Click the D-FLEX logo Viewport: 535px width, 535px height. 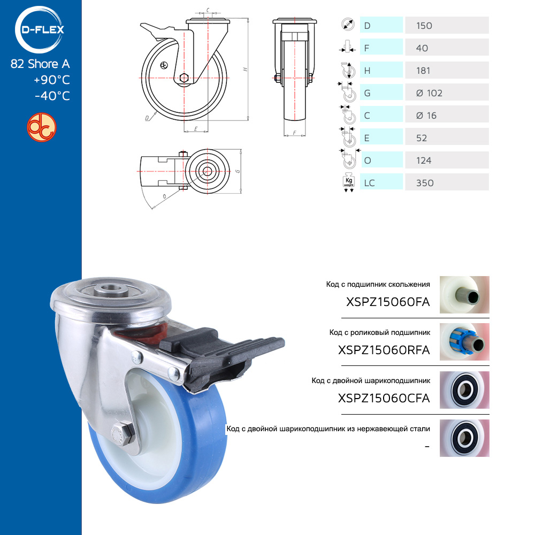tap(40, 29)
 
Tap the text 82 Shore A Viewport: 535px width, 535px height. tap(40, 64)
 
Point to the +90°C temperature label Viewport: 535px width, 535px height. tap(52, 80)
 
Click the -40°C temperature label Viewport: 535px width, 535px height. tap(52, 96)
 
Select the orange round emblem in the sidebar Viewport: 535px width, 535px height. tap(42, 127)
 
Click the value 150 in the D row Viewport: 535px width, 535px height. tap(424, 26)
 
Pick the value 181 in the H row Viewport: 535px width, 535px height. tap(423, 71)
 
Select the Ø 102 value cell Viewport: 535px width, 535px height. tap(447, 93)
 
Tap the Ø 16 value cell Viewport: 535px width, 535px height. tap(447, 116)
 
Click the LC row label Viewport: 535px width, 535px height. tap(369, 183)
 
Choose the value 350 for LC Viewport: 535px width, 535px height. tap(425, 183)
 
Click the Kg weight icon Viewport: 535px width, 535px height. tap(349, 183)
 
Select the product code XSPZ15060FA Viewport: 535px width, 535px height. tap(388, 302)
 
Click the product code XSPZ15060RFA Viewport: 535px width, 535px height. tap(384, 350)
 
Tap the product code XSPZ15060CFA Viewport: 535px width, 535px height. tap(384, 398)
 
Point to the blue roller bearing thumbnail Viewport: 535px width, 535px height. tap(464, 342)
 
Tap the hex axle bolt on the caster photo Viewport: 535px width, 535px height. tap(122, 434)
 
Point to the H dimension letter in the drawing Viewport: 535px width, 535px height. tap(245, 69)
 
